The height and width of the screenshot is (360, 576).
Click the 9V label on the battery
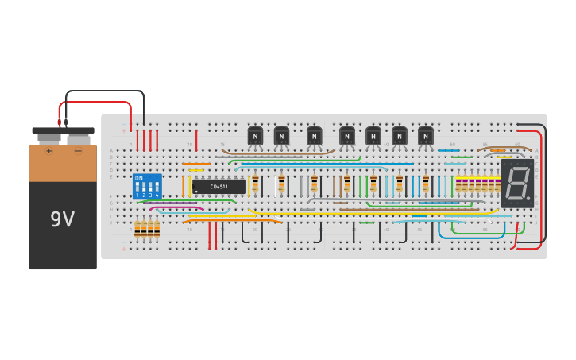[62, 219]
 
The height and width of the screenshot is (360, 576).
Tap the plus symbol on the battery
[48, 150]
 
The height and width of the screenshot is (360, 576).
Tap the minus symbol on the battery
[78, 150]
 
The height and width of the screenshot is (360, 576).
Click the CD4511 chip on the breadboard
[218, 187]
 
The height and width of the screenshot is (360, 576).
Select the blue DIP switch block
[147, 186]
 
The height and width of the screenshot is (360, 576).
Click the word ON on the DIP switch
[139, 178]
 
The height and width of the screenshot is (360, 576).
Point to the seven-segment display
[517, 184]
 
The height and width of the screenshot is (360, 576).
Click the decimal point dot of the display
[528, 197]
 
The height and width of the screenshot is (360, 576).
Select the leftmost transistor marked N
[255, 136]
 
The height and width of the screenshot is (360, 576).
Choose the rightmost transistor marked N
[426, 136]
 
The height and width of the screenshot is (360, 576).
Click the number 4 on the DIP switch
[157, 195]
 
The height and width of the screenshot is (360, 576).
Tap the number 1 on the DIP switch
[137, 195]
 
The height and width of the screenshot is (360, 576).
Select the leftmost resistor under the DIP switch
[137, 228]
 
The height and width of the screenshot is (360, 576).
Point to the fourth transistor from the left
[347, 136]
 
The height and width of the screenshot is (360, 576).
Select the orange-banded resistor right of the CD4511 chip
[255, 184]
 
